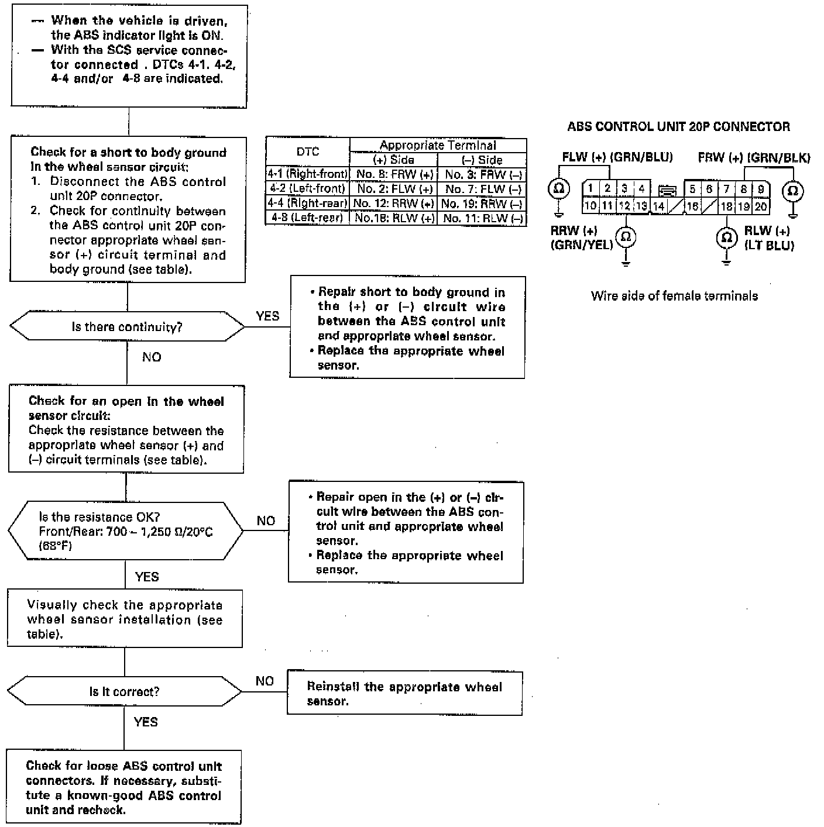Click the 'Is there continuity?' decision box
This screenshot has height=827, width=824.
(127, 326)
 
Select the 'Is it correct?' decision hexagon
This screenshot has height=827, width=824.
(124, 691)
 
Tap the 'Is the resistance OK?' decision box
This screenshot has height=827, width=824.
(125, 531)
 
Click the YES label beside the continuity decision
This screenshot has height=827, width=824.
(267, 316)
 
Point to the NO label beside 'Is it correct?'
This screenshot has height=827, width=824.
(265, 681)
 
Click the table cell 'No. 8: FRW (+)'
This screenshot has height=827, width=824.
(394, 174)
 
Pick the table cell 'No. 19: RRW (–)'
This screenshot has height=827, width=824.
(482, 204)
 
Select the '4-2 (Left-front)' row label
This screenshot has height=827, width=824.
(308, 189)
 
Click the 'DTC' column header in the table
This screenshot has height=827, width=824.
(308, 152)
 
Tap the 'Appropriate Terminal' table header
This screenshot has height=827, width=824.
(438, 145)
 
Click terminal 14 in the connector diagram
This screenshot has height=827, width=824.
(658, 206)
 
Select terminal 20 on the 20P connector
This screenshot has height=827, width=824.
(760, 206)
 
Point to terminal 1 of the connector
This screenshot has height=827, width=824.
(590, 188)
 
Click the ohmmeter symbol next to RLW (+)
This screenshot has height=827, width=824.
(726, 237)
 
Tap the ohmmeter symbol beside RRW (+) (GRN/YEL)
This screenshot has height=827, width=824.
(626, 237)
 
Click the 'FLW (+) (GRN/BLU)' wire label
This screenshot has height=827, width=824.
(617, 157)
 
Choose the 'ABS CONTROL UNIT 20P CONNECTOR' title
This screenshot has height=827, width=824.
(678, 126)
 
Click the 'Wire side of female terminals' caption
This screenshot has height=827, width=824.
(674, 296)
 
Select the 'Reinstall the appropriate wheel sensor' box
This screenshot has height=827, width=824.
(404, 694)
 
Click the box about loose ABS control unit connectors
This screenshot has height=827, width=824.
(124, 787)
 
